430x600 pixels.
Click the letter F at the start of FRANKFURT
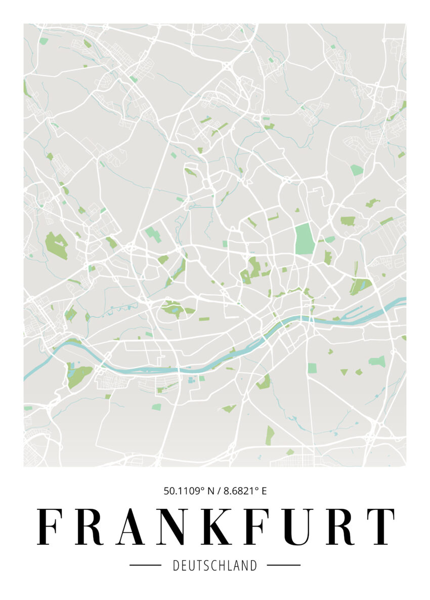(x=48, y=526)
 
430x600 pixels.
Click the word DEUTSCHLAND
(x=215, y=565)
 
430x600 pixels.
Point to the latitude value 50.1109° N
(x=189, y=490)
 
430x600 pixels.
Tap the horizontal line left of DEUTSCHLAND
(x=145, y=565)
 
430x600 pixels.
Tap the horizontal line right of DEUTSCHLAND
(x=283, y=565)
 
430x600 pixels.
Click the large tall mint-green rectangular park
(x=305, y=238)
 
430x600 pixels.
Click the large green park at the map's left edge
(x=56, y=246)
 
